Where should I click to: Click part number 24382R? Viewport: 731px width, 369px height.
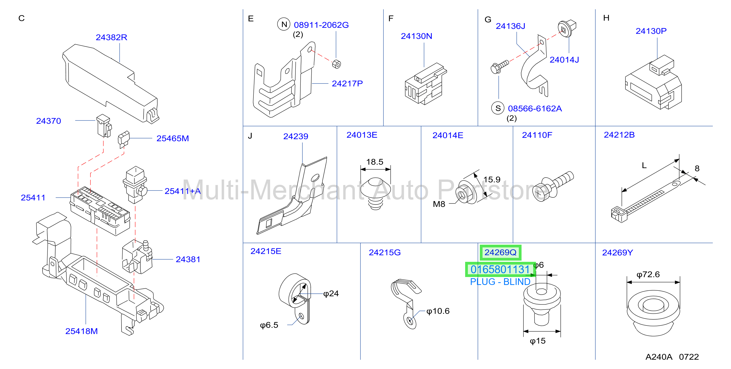111,37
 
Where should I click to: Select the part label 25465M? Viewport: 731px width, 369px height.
172,138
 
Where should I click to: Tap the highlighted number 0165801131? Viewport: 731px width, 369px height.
500,269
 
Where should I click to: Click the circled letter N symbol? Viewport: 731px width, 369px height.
284,24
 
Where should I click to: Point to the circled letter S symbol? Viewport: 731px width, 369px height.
498,108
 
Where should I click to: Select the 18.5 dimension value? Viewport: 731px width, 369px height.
375,162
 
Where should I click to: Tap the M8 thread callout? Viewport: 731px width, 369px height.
439,204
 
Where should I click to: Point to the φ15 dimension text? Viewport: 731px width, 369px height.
537,341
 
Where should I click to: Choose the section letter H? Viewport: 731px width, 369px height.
606,18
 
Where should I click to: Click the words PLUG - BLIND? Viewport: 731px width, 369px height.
500,282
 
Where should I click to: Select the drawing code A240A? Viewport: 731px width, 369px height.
659,357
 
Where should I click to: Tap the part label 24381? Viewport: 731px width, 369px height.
188,259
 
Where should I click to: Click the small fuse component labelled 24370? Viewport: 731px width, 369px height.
104,126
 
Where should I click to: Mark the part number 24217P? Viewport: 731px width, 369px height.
347,84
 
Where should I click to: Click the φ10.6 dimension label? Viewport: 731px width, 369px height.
438,311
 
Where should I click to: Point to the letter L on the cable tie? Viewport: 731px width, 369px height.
644,165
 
